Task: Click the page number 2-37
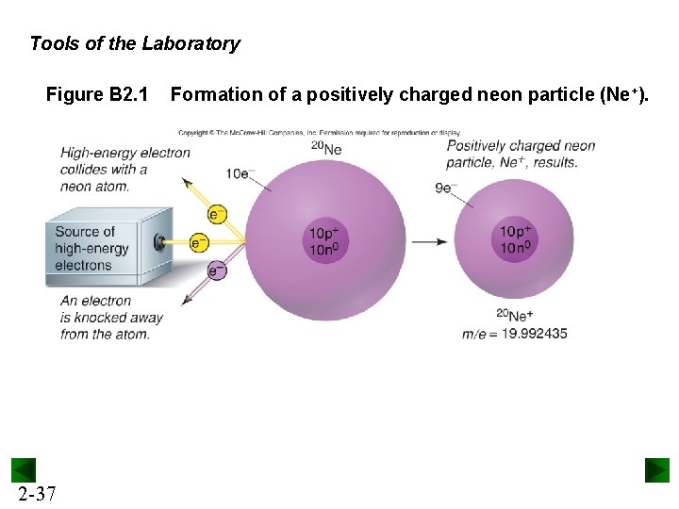tap(36, 494)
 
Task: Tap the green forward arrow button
tap(656, 470)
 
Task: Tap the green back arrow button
tap(24, 470)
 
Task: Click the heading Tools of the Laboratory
tap(135, 43)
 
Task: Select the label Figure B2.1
tap(97, 94)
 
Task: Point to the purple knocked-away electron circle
tap(217, 271)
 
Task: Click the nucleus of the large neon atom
tap(326, 240)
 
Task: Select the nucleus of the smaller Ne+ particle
tap(515, 240)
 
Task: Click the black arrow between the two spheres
tap(430, 241)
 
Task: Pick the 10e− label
tap(240, 173)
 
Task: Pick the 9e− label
tap(446, 188)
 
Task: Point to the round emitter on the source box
tap(161, 242)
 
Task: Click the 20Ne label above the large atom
tap(326, 147)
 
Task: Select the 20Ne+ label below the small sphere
tap(515, 315)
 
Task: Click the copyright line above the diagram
tap(319, 133)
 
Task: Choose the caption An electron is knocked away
tap(110, 317)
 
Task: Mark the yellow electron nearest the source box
tap(199, 242)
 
